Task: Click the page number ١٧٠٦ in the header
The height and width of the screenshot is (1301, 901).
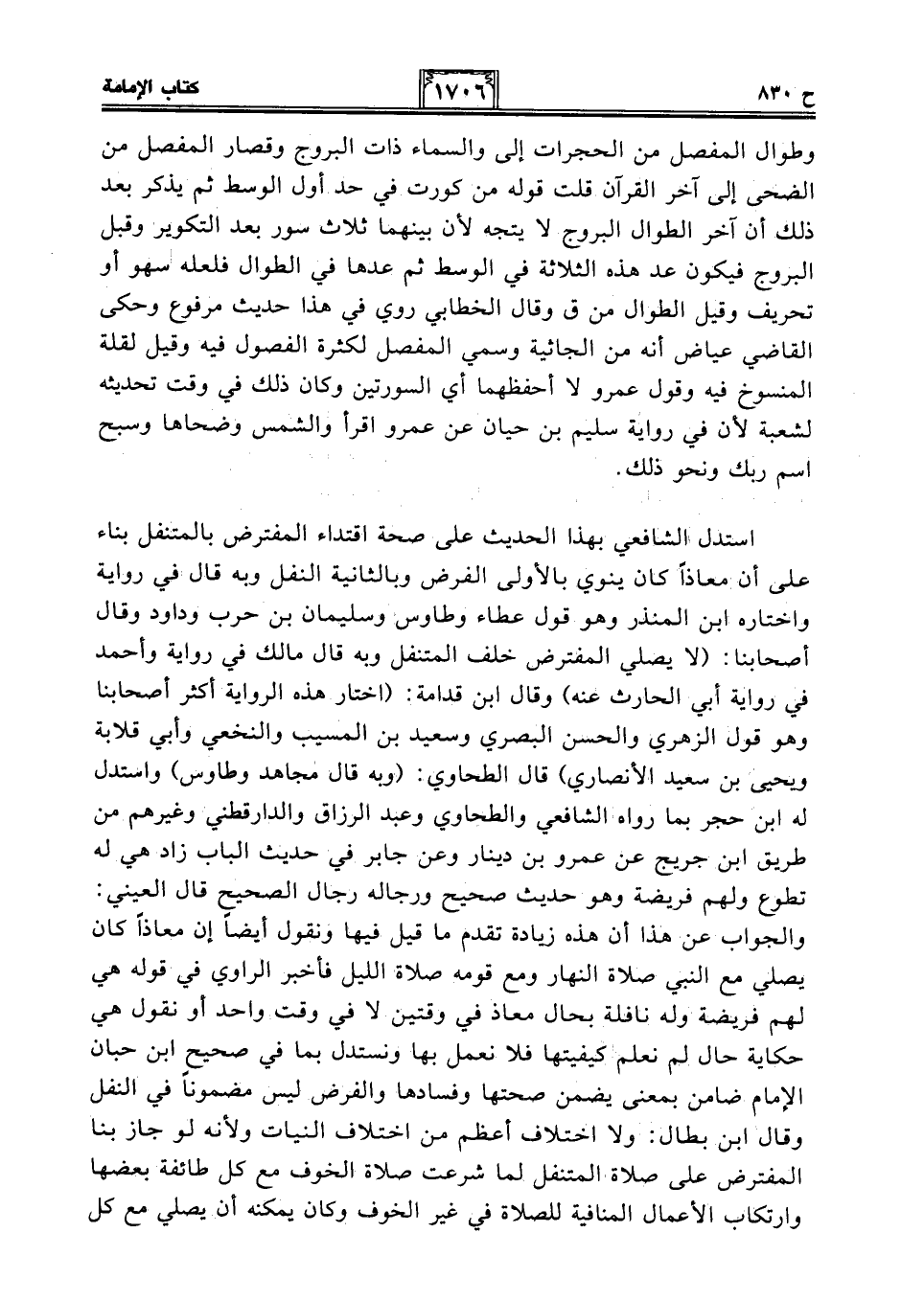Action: pyautogui.click(x=456, y=94)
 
